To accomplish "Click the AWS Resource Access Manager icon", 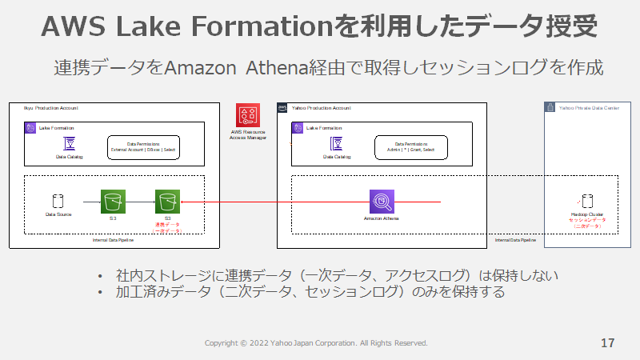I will coord(248,116).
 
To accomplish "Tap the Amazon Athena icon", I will coord(381,201).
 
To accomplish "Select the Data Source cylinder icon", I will coord(58,201).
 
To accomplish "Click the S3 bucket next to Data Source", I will coord(113,201).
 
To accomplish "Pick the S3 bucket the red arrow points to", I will coord(168,201).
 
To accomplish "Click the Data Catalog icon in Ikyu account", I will coord(69,143).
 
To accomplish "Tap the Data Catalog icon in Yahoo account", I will coord(336,143).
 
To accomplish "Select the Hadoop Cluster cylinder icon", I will coord(587,201).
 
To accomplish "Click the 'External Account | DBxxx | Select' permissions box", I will coord(145,147).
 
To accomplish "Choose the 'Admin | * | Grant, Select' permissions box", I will coord(411,147).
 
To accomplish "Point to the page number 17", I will coord(607,343).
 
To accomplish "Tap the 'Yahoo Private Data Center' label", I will coord(587,107).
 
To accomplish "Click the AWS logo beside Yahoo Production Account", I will coord(282,107).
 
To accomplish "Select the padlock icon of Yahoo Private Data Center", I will coord(550,107).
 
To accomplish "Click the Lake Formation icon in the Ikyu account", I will coord(30,127).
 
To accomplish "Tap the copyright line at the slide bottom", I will coord(316,343).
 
